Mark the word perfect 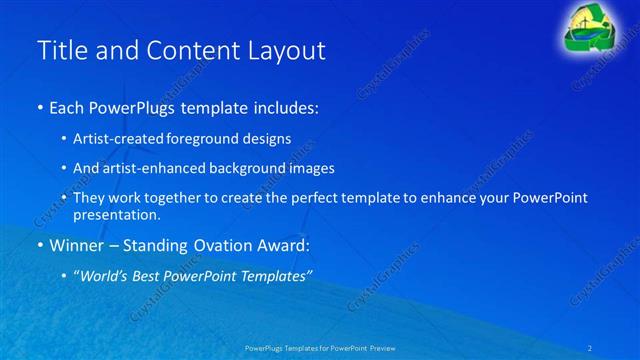301,198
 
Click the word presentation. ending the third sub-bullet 117,214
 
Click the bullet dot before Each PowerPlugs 39,108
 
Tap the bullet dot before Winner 39,245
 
